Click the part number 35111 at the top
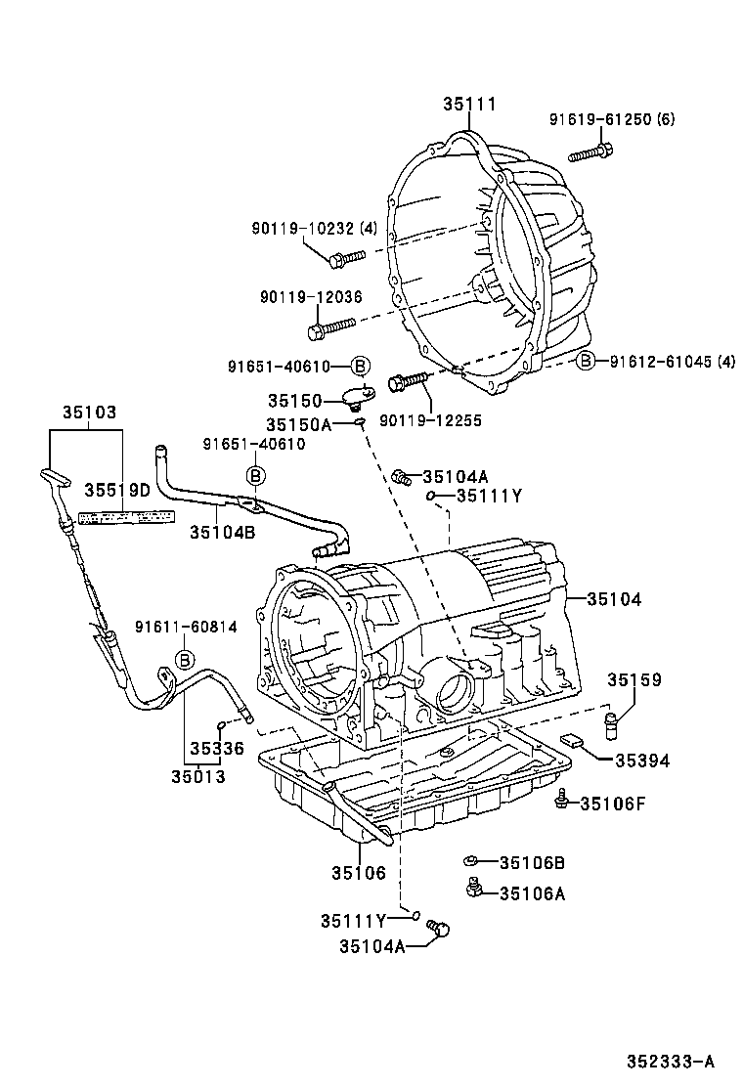pos(469,104)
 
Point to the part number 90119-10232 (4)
pos(313,228)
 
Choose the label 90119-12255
pos(430,419)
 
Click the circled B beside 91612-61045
pos(586,361)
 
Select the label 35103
pos(89,413)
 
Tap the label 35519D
pos(116,490)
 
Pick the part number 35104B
pos(222,532)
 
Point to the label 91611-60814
pos(186,628)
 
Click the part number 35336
pos(216,750)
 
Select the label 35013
pos(197,777)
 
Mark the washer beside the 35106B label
pos(470,861)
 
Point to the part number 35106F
pos(615,804)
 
